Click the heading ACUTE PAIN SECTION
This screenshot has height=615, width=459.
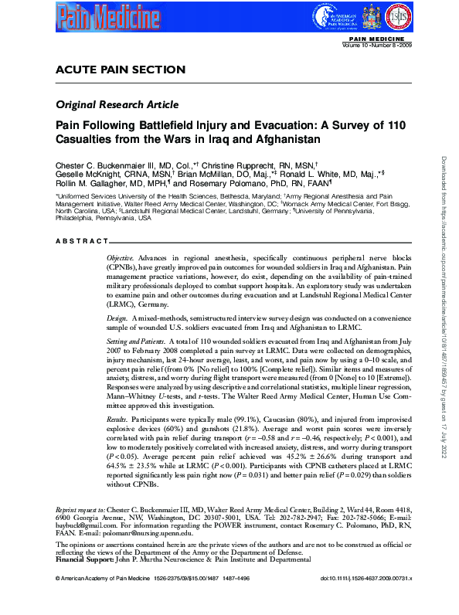(121, 70)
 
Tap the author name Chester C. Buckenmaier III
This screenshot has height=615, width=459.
(108, 165)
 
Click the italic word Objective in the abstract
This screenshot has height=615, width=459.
(121, 256)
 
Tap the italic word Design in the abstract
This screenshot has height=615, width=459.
(117, 318)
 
